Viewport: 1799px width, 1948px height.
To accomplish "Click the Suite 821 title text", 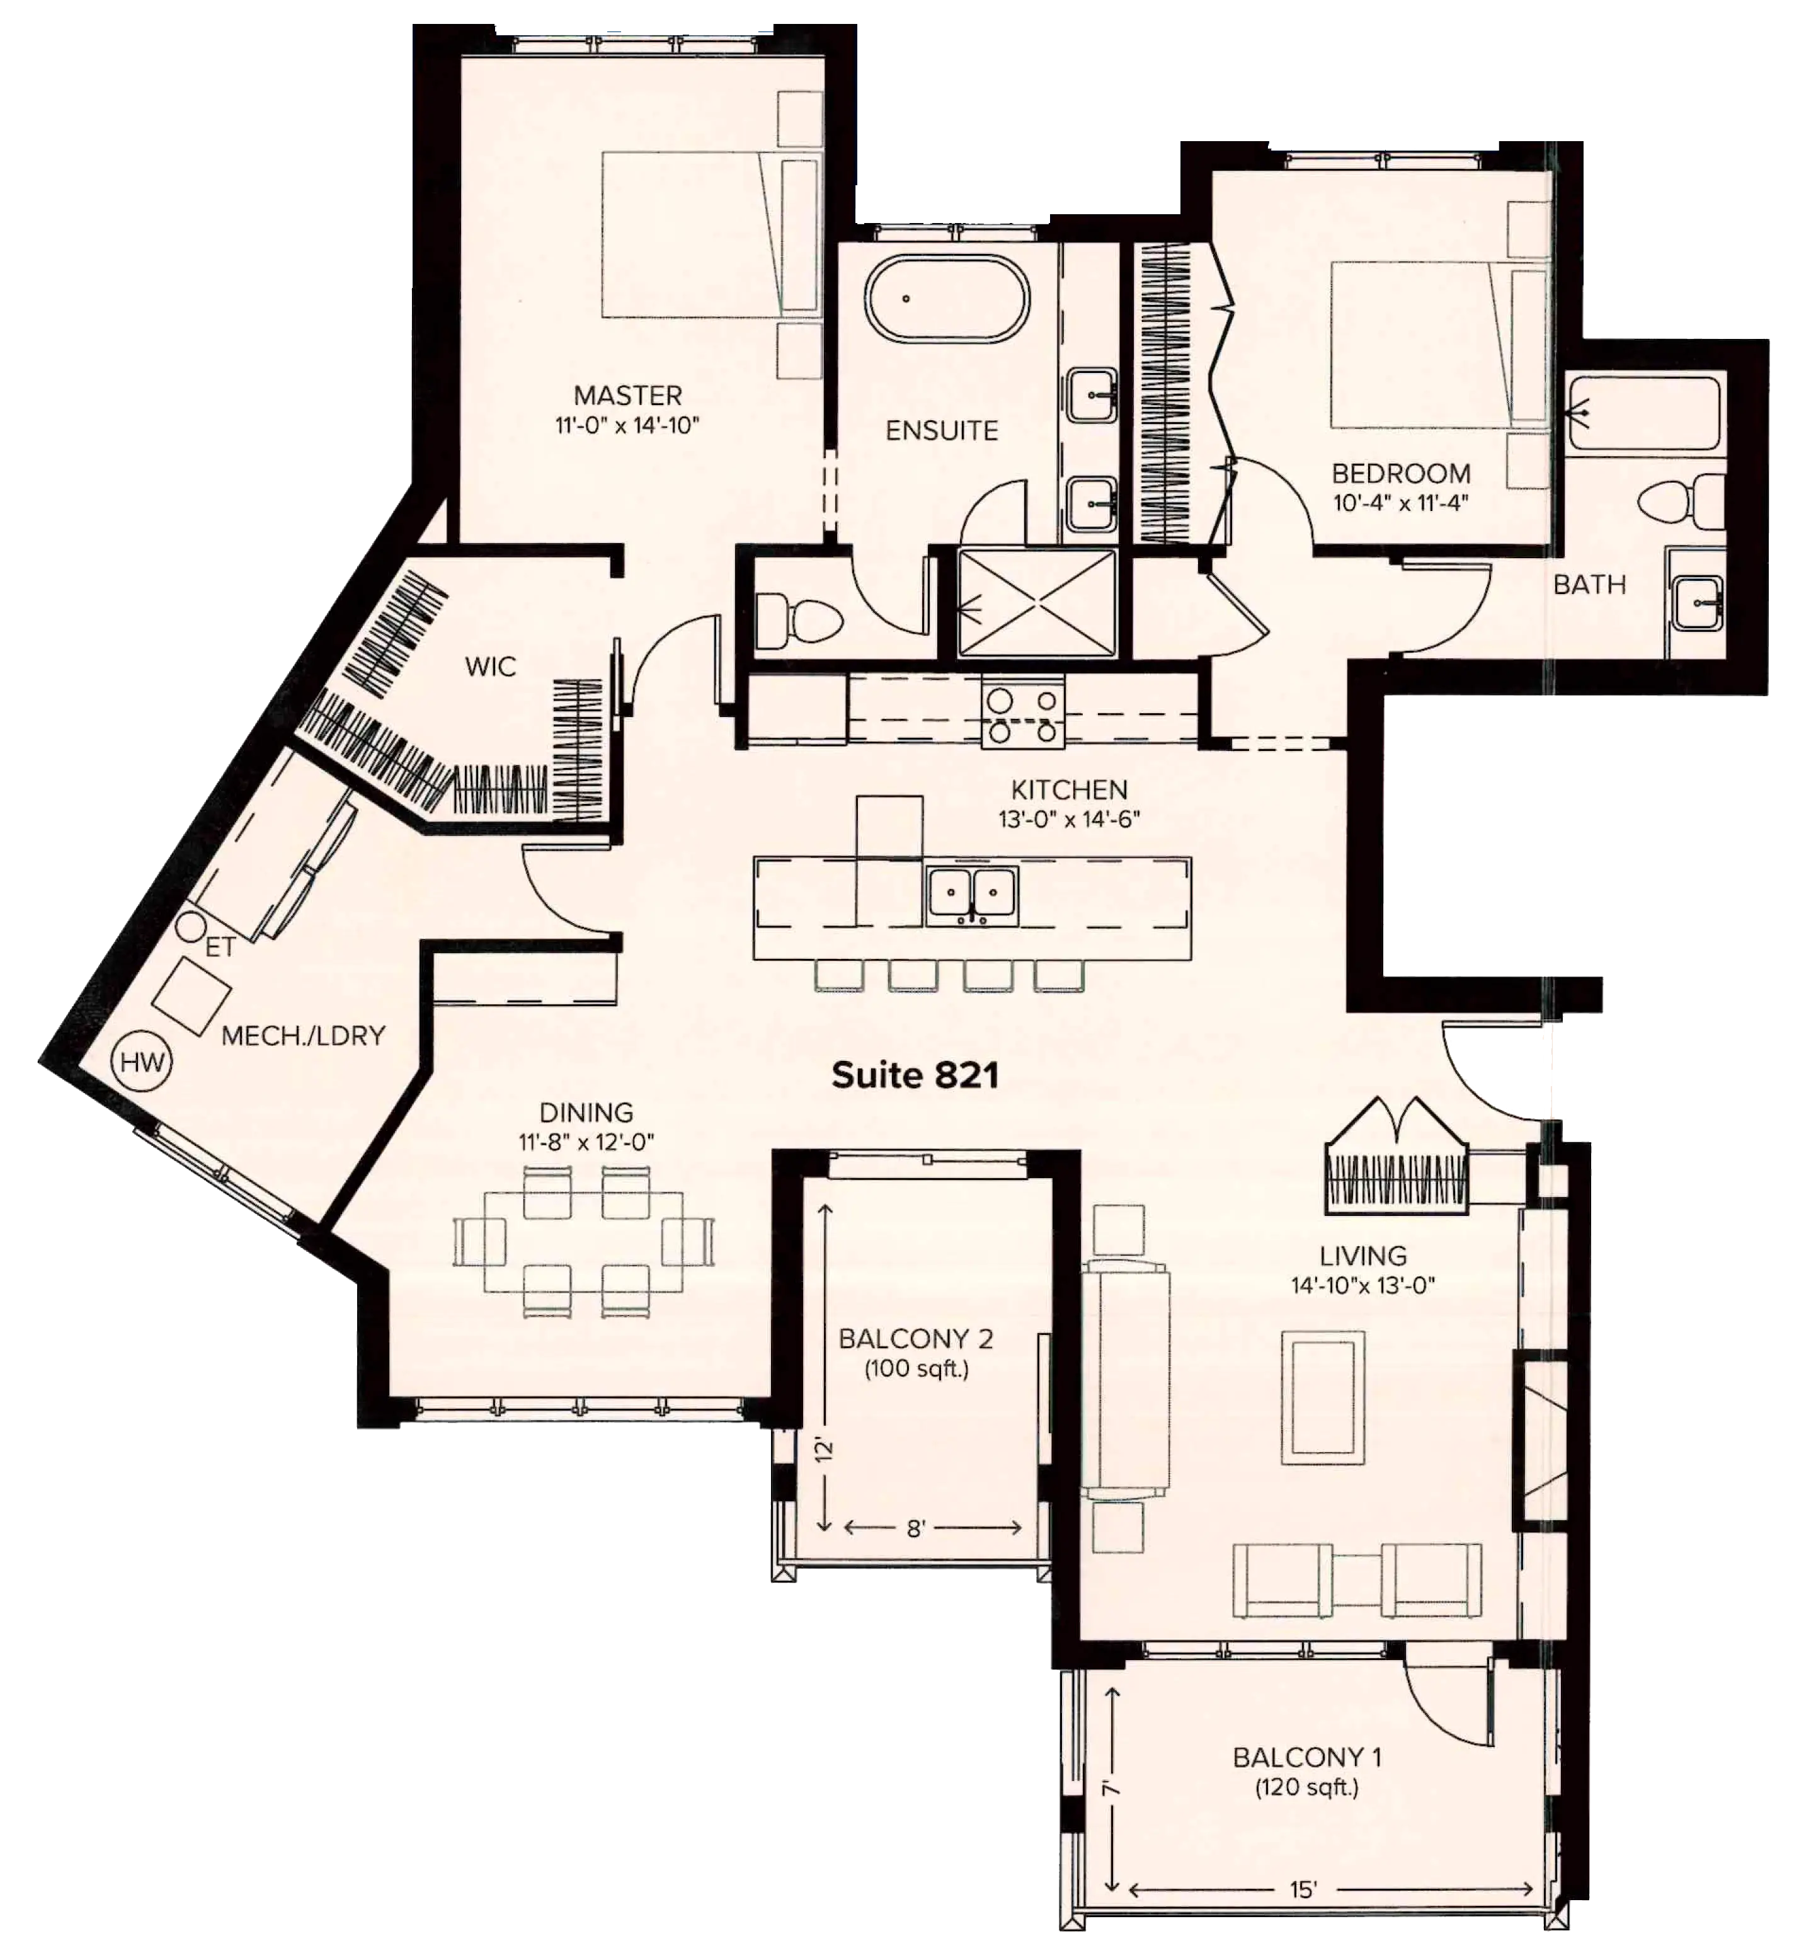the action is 915,1075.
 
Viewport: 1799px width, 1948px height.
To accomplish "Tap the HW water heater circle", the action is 143,1062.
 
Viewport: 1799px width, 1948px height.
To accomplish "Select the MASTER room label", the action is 628,395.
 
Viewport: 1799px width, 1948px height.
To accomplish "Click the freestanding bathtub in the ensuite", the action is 947,298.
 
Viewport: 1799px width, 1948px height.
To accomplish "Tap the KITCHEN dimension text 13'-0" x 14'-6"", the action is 1069,819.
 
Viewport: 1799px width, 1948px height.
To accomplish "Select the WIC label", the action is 491,667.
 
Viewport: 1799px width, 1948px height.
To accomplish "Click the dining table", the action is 583,1242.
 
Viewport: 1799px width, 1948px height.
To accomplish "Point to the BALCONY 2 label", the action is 916,1339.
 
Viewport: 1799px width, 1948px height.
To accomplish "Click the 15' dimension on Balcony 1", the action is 1303,1889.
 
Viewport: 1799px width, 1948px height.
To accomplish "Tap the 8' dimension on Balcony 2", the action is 916,1528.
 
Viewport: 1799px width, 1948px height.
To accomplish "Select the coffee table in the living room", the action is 1323,1398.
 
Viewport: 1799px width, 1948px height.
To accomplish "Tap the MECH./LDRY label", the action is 304,1036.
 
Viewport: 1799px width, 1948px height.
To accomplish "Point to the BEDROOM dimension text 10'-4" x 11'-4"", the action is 1401,503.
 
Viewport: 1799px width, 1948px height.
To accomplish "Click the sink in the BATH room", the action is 1698,600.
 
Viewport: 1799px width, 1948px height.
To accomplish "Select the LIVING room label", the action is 1363,1256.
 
